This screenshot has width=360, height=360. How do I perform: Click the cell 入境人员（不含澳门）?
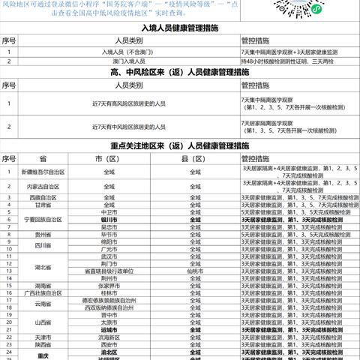116,52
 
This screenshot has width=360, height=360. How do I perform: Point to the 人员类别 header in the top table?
116,40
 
